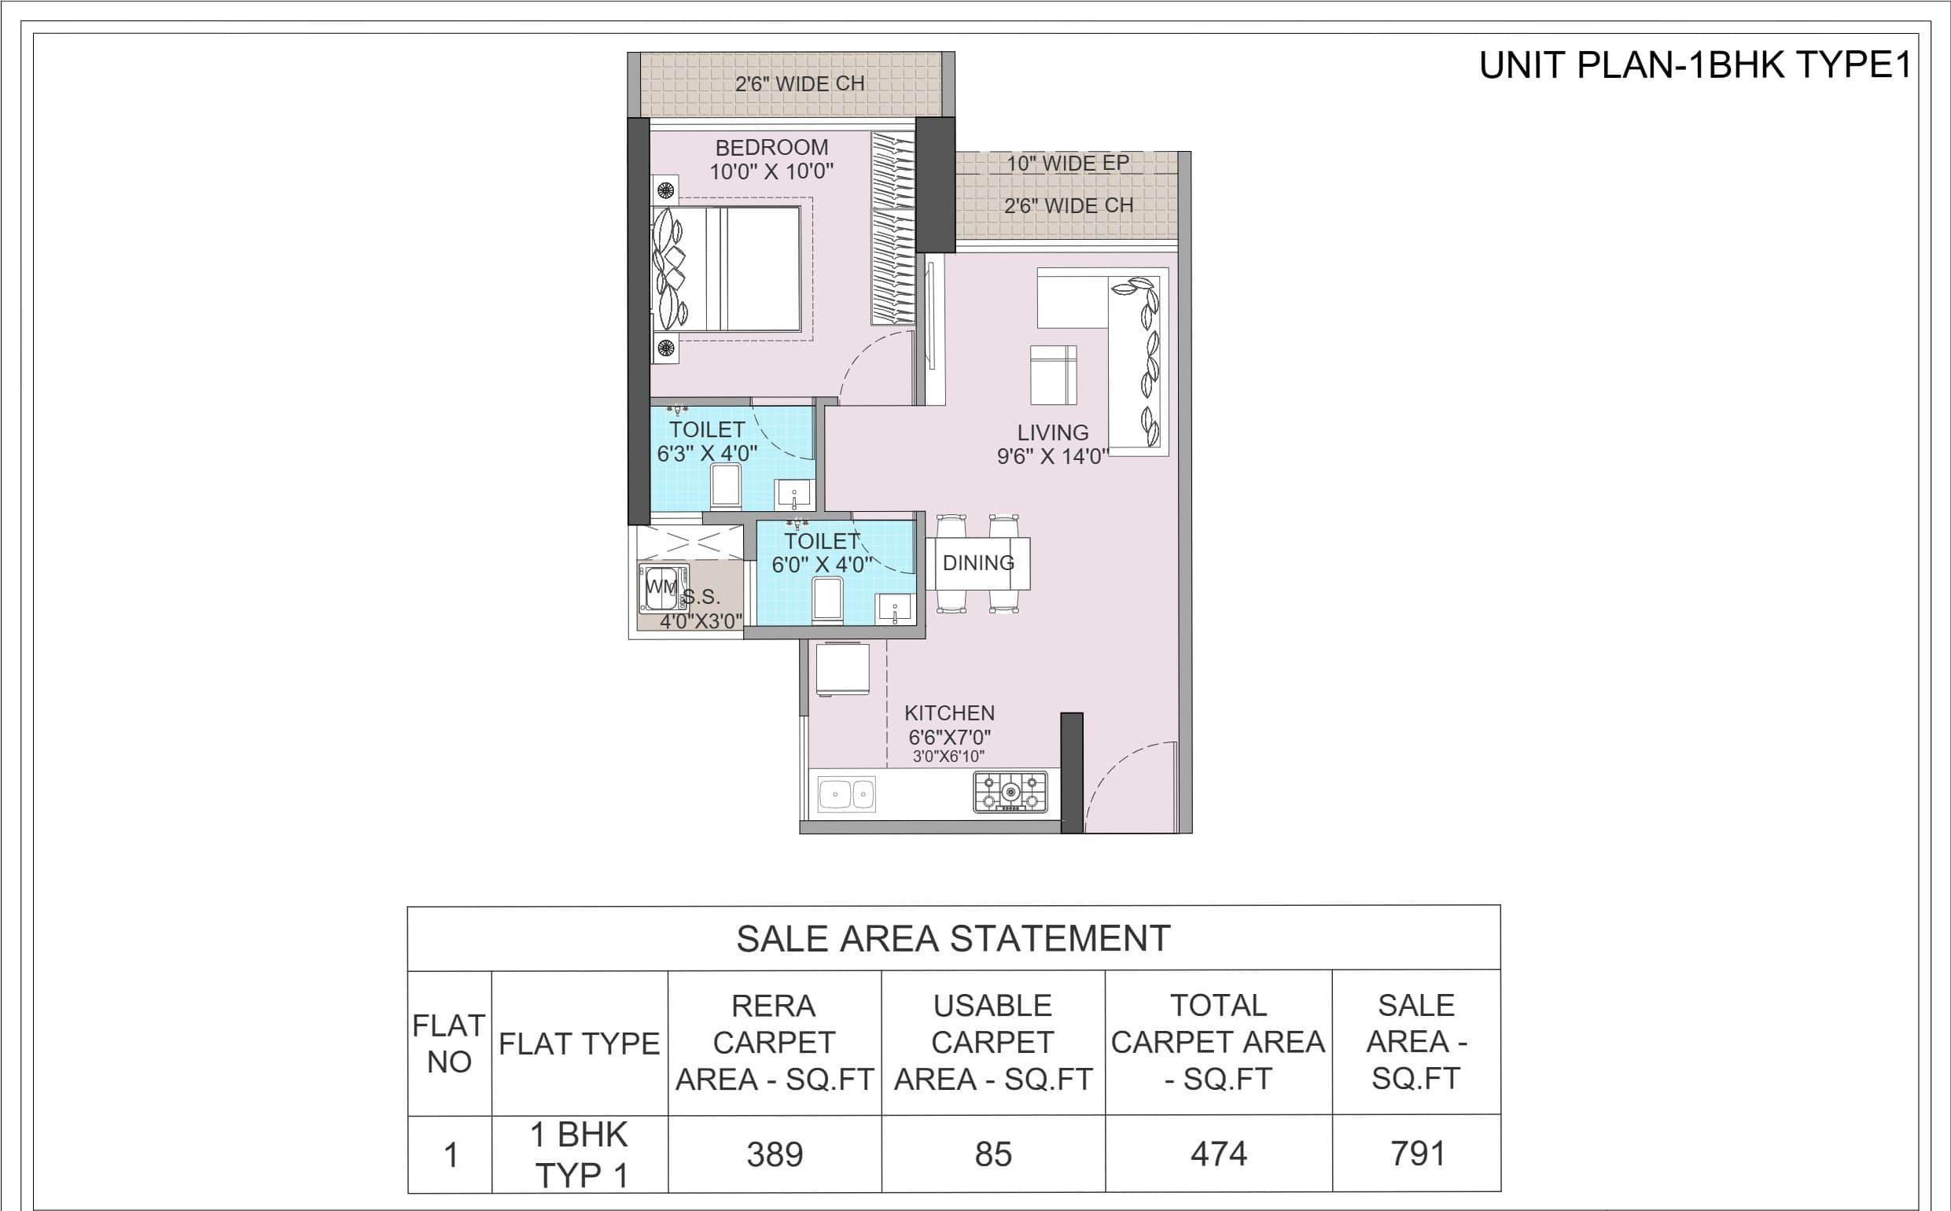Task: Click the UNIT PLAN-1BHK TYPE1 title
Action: pyautogui.click(x=1695, y=67)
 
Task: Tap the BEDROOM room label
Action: pyautogui.click(x=771, y=147)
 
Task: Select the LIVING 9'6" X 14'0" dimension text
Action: pyautogui.click(x=1051, y=457)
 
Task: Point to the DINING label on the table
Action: pyautogui.click(x=978, y=563)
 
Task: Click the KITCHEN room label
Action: pyautogui.click(x=949, y=712)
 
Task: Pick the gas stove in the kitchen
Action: pyautogui.click(x=1010, y=791)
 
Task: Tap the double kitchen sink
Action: pyautogui.click(x=847, y=795)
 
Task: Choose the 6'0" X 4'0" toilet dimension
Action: pyautogui.click(x=820, y=565)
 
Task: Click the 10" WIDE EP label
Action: pyautogui.click(x=1068, y=164)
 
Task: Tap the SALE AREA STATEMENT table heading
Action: pyautogui.click(x=953, y=939)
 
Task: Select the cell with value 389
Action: pyautogui.click(x=775, y=1154)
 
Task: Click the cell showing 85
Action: pyautogui.click(x=993, y=1154)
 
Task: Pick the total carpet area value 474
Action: pyautogui.click(x=1218, y=1154)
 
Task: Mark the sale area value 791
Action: pyautogui.click(x=1417, y=1154)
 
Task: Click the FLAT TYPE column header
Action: pyautogui.click(x=579, y=1044)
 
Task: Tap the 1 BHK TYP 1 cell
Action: pyautogui.click(x=580, y=1155)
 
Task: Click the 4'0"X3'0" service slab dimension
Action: pyautogui.click(x=701, y=621)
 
